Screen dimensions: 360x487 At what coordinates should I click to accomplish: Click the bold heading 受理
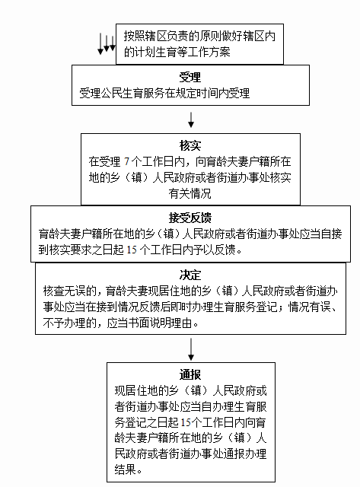point(190,77)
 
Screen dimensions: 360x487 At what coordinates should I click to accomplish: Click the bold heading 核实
point(190,145)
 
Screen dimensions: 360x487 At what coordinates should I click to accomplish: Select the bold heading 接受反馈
point(190,218)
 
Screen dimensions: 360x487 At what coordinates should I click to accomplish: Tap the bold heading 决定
point(190,275)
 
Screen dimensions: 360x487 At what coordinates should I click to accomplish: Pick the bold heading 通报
point(190,374)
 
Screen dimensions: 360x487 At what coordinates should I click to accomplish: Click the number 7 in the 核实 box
point(126,161)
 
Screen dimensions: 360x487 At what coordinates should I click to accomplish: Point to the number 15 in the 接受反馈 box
point(132,250)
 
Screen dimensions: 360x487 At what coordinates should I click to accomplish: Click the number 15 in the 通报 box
point(186,422)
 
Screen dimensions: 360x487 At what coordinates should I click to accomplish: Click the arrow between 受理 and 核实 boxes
point(191,120)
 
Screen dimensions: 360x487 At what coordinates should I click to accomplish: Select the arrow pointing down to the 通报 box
point(191,349)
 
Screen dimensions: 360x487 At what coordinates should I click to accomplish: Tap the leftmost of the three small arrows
point(100,44)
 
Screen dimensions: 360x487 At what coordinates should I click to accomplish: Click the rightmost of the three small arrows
point(113,43)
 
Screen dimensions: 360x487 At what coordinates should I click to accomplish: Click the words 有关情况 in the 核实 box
point(190,193)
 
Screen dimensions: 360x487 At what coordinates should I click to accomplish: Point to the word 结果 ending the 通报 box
point(125,469)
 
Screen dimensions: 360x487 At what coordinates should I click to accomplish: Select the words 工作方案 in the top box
point(209,52)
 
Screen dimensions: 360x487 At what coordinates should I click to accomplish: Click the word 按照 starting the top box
point(135,36)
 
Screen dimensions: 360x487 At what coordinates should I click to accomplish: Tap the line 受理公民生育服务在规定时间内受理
point(164,93)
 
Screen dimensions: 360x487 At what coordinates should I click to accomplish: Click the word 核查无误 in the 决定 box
point(64,291)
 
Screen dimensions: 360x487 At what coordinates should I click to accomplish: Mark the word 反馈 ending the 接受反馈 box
point(225,250)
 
